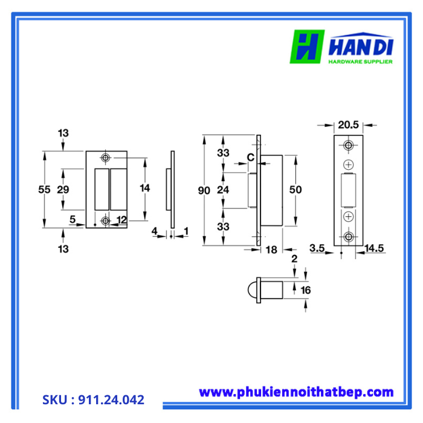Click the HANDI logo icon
(308, 47)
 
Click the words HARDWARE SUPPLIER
(360, 62)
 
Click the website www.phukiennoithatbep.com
(296, 392)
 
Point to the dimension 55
(44, 189)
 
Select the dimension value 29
(62, 189)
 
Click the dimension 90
(204, 190)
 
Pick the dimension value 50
(295, 190)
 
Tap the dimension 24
(223, 190)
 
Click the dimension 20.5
(349, 125)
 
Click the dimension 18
(271, 249)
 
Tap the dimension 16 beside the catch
(305, 290)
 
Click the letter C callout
(249, 158)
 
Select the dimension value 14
(144, 188)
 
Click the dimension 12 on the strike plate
(122, 221)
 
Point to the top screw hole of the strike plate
(106, 158)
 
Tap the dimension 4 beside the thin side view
(154, 230)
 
